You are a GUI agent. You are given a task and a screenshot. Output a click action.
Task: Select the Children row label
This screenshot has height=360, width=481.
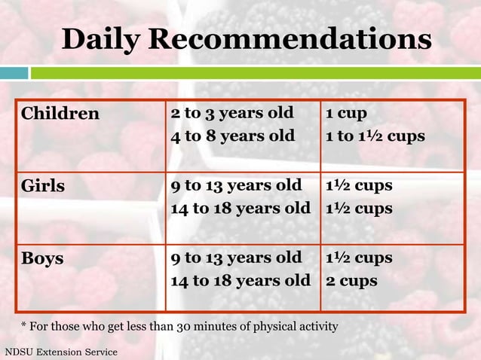tap(60, 114)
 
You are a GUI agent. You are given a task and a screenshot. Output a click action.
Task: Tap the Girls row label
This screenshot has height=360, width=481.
tap(43, 186)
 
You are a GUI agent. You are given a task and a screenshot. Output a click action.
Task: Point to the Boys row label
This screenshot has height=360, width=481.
tap(42, 258)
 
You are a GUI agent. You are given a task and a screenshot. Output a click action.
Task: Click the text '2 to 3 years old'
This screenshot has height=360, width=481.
tap(232, 114)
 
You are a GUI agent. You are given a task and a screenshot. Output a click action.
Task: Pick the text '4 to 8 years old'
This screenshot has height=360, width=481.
tap(232, 136)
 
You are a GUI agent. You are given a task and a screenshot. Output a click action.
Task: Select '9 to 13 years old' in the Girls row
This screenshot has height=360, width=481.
tap(237, 185)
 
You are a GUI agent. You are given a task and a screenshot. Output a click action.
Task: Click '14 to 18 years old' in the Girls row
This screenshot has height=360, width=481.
tap(240, 208)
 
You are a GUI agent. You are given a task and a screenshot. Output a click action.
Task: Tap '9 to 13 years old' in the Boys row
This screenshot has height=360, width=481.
tap(237, 258)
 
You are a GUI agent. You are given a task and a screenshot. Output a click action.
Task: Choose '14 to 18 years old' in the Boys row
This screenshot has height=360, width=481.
tap(240, 281)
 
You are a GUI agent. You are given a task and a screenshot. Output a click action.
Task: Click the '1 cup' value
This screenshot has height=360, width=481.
tap(346, 114)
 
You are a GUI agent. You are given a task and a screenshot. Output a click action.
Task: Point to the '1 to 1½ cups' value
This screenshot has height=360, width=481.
tap(375, 136)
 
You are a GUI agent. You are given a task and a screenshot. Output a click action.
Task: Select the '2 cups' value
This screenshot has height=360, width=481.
tap(351, 281)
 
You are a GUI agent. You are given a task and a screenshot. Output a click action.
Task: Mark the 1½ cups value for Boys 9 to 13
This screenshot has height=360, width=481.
tap(359, 258)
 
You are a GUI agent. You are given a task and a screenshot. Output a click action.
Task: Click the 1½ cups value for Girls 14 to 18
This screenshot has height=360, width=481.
tap(359, 208)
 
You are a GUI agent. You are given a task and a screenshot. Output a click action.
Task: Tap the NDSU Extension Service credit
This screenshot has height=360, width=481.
tap(61, 352)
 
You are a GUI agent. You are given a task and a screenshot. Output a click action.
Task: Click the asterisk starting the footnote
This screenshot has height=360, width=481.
tap(23, 325)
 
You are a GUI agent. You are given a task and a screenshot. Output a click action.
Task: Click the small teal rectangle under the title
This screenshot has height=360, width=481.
tap(14, 73)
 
